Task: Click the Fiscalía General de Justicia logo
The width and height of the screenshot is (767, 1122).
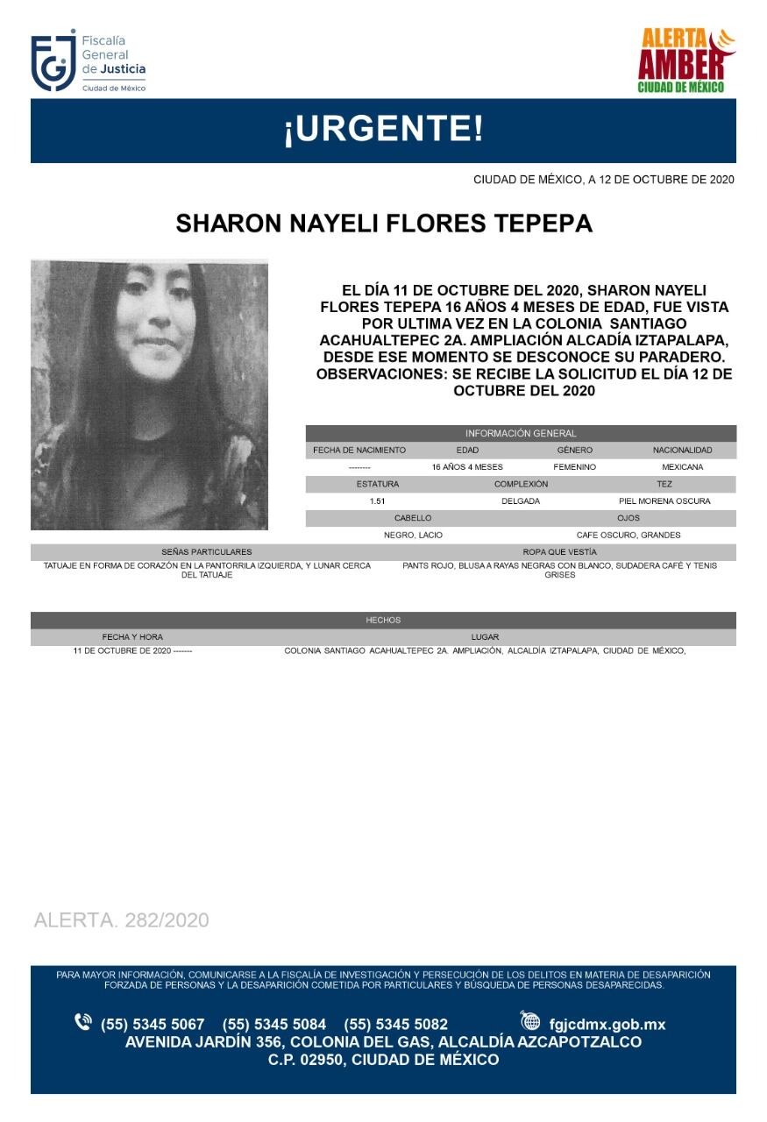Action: [x=89, y=63]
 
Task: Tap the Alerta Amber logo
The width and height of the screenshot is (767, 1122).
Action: [x=685, y=61]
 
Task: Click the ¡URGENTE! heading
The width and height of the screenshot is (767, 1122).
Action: [x=383, y=131]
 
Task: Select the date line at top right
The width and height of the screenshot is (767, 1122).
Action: [x=603, y=180]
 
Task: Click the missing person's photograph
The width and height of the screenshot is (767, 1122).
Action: [x=149, y=394]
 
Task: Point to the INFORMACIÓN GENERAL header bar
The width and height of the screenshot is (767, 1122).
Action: [x=521, y=433]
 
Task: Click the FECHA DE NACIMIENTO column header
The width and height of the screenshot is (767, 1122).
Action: [x=359, y=451]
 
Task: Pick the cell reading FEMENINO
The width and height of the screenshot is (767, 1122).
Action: [x=574, y=467]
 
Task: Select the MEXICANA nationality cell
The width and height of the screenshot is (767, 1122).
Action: [x=682, y=467]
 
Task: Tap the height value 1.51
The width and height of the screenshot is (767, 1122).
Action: [x=378, y=501]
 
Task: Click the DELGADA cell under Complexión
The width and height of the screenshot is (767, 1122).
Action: [x=521, y=501]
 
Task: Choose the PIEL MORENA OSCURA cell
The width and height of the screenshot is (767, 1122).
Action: [x=664, y=501]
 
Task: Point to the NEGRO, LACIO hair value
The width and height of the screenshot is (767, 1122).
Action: [x=413, y=535]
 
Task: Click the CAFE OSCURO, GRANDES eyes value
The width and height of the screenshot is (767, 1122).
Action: [x=629, y=535]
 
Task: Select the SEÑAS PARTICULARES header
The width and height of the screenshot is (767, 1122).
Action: [x=207, y=552]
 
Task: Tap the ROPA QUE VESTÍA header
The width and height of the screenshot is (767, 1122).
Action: [x=559, y=552]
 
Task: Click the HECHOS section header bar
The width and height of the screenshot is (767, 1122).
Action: [x=383, y=621]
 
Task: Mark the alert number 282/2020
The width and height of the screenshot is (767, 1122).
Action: [x=122, y=920]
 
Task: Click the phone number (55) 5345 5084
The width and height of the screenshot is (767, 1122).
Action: [x=274, y=1024]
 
